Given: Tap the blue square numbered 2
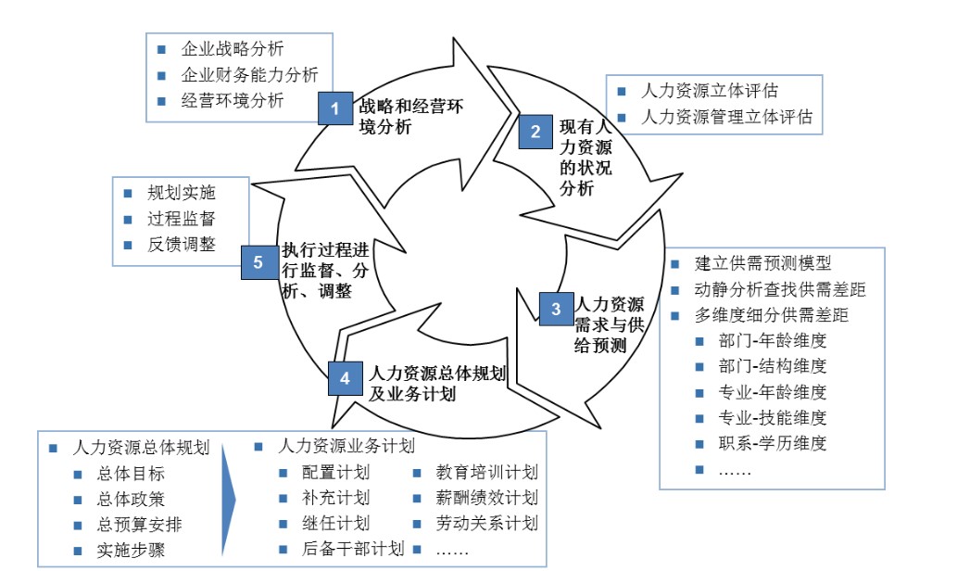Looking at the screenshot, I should [535, 132].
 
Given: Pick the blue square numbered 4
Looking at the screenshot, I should [345, 378].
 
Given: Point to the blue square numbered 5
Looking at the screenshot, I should [258, 261].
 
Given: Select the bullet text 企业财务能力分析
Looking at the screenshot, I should [250, 74].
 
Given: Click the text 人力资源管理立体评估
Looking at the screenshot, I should [726, 117].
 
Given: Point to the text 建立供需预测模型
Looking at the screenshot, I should [763, 263].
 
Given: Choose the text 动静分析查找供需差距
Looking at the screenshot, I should [780, 289].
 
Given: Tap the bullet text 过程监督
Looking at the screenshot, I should [181, 219].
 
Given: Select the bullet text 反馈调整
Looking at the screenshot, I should [181, 244].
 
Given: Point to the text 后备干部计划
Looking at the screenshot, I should [353, 549].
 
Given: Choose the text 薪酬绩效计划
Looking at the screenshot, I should [486, 498].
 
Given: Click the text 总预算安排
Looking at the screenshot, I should [139, 524].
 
